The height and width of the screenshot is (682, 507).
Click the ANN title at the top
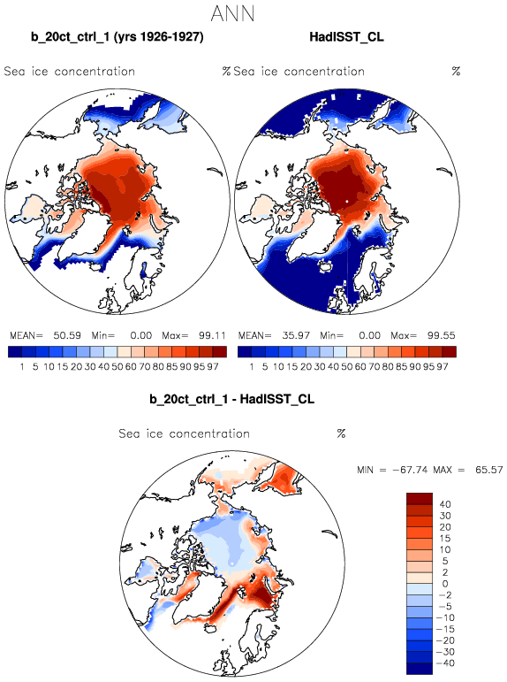click(232, 14)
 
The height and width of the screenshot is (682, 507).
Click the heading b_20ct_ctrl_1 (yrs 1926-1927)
click(117, 37)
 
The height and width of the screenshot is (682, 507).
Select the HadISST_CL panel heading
click(346, 37)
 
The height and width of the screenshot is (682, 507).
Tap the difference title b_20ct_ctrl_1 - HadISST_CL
click(231, 399)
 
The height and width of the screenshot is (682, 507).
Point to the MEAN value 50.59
click(67, 335)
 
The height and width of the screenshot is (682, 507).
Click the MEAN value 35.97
click(296, 335)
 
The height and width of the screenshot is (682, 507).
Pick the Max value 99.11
click(212, 335)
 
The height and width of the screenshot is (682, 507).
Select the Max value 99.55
click(441, 335)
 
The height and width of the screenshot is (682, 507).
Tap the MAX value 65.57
click(489, 470)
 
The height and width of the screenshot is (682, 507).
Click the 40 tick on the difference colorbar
click(445, 504)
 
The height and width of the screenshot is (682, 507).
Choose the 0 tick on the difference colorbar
click(445, 584)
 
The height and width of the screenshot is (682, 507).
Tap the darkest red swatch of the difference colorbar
click(420, 498)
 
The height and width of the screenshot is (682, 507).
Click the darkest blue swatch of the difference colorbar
click(420, 669)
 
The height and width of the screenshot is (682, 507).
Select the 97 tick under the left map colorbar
click(213, 367)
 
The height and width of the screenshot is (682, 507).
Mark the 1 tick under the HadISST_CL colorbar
click(252, 367)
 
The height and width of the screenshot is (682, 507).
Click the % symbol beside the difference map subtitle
click(341, 433)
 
